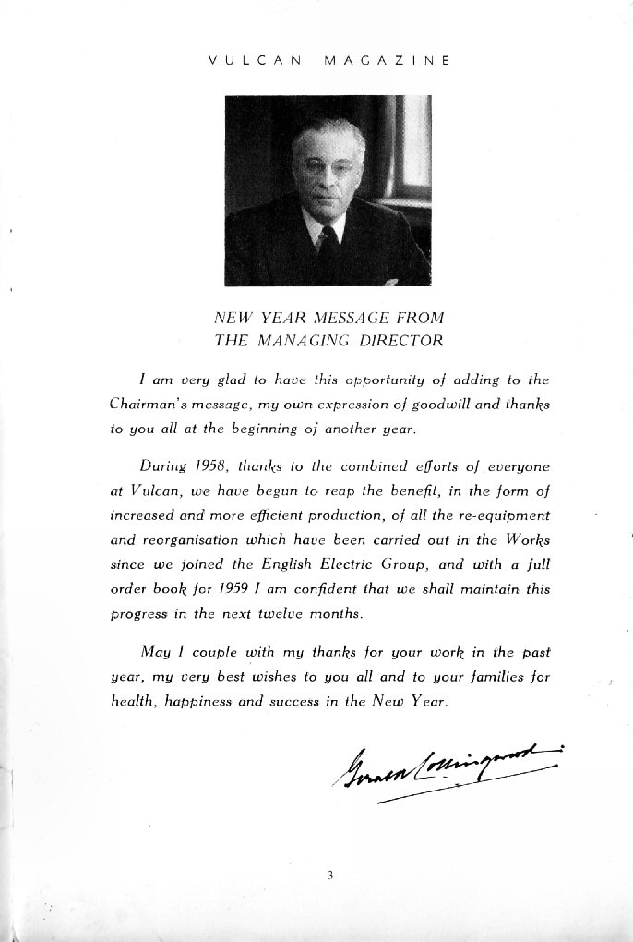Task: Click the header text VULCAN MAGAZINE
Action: click(328, 61)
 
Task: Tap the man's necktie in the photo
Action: click(327, 242)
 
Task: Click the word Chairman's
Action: click(146, 405)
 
